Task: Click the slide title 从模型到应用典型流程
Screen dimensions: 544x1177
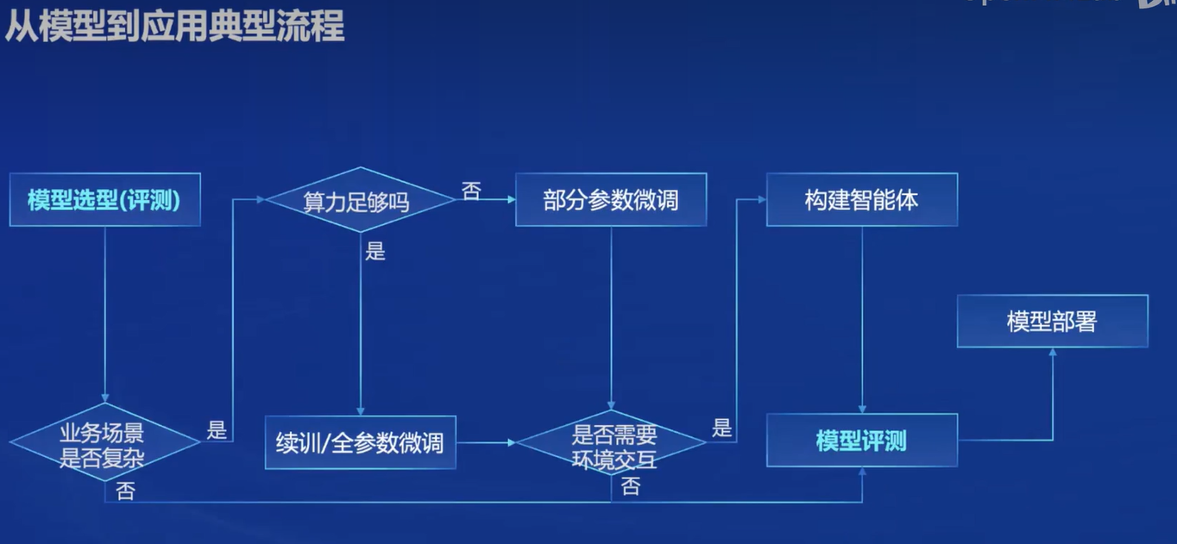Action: pos(174,27)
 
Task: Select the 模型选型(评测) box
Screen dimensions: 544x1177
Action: pos(104,200)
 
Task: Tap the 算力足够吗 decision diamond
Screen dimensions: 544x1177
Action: pos(359,200)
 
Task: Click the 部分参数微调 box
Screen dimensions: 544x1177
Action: pos(611,200)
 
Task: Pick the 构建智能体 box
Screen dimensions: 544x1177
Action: pos(861,200)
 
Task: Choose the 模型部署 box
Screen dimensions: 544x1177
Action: pos(1052,322)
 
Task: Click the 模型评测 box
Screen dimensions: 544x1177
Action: pos(861,441)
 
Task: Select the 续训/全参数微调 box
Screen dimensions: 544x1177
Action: pos(360,442)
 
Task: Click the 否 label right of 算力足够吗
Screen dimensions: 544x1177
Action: pos(471,191)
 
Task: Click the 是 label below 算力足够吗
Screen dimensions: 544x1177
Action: pos(375,252)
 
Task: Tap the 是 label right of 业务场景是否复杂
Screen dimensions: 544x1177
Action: pos(217,429)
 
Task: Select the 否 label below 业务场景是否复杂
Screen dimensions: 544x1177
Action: pos(126,491)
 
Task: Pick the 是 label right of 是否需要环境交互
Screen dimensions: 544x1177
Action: pos(722,428)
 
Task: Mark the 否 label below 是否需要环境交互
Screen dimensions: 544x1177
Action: pos(631,486)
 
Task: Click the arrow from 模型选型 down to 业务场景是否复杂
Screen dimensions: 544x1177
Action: pos(104,310)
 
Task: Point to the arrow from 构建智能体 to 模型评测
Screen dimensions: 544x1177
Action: pos(861,319)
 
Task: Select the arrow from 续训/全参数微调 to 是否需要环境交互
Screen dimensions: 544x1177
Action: pos(485,442)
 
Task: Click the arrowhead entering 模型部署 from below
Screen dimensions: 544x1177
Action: pos(1052,352)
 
